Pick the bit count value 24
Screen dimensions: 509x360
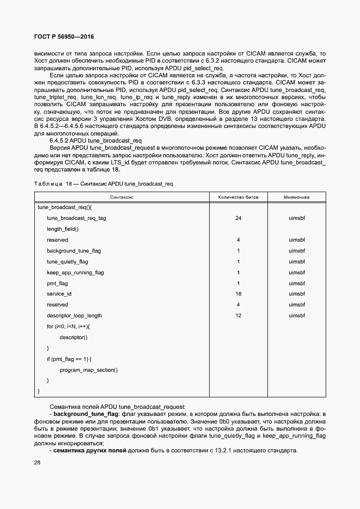238,218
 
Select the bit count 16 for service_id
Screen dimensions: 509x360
238,294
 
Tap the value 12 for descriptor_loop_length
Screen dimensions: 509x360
238,316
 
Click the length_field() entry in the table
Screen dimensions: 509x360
63,229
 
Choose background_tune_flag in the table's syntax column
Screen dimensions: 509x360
74,251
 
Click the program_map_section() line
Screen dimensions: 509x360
88,370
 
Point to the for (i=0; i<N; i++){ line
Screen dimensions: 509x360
68,327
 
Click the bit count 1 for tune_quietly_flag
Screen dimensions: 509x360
238,262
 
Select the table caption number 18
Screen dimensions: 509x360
69,184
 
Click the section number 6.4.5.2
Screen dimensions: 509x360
61,140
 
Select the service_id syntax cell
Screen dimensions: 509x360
59,294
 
